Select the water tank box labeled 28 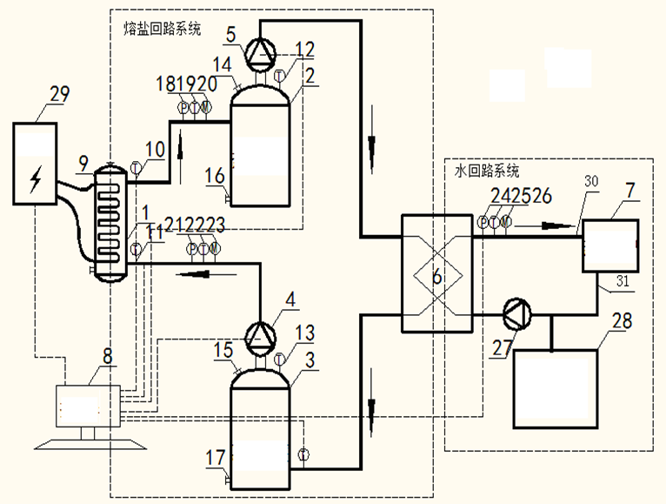coord(556,388)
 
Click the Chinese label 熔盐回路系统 coord(163,29)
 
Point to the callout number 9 coord(83,160)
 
